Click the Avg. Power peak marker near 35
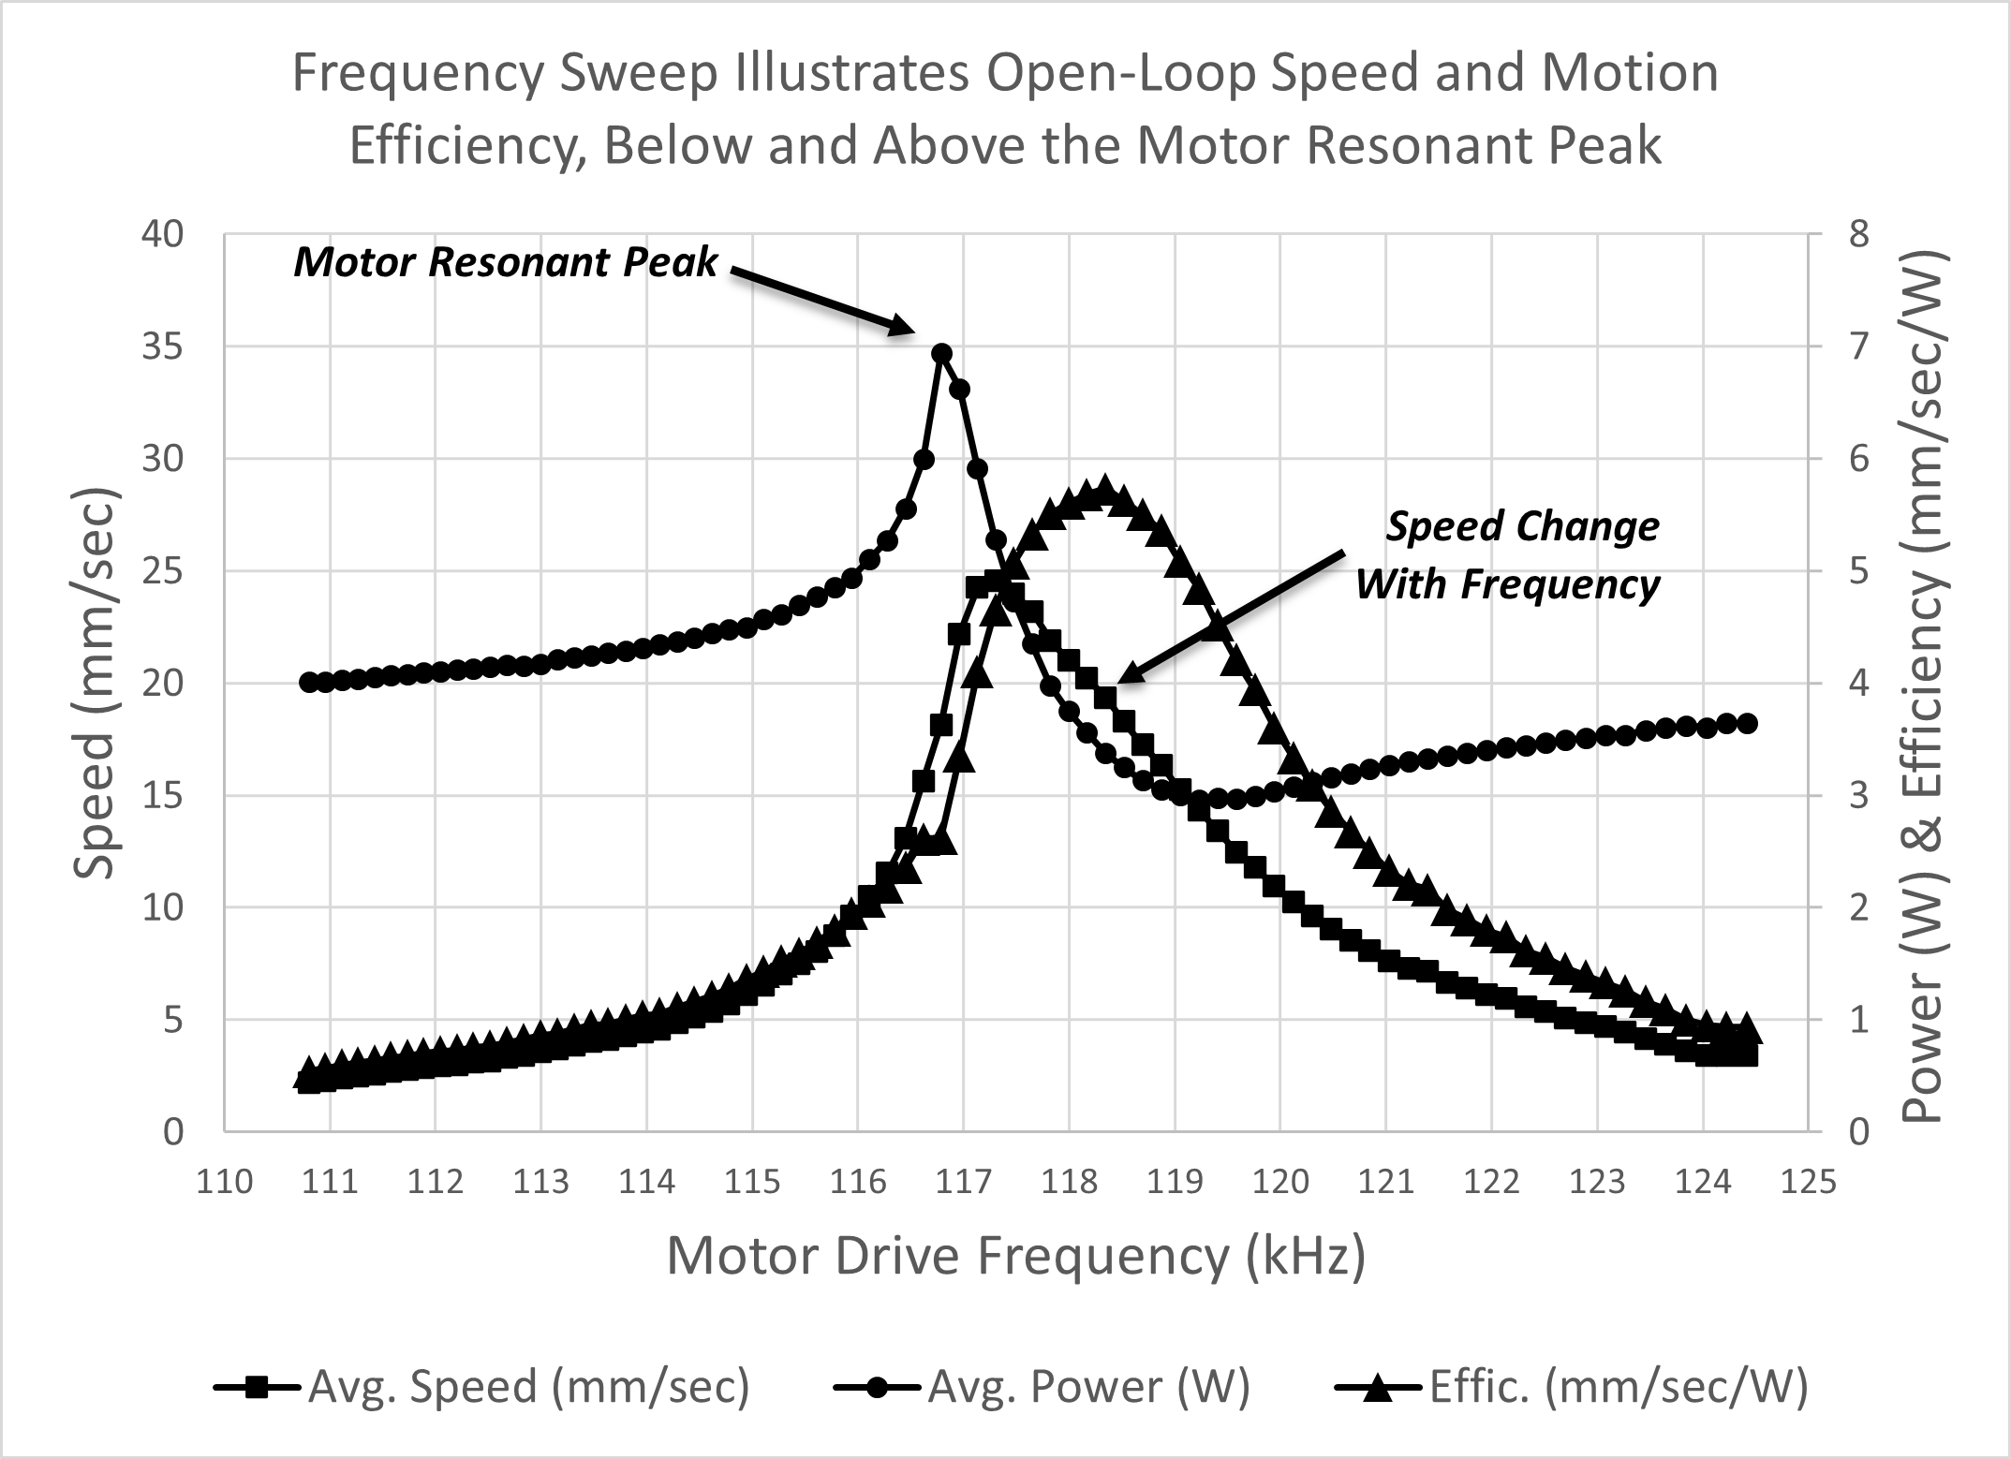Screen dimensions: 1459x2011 (x=942, y=353)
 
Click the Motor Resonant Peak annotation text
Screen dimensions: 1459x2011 (x=506, y=262)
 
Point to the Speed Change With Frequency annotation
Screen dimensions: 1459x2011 (x=1508, y=555)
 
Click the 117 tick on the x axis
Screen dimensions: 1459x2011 (x=963, y=1183)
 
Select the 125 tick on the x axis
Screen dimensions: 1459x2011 (x=1808, y=1183)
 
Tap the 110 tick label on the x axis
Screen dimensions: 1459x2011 (x=225, y=1183)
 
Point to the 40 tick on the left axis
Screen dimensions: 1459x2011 (x=162, y=234)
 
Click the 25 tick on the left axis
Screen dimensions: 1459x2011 (x=162, y=571)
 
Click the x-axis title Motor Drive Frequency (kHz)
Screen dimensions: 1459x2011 (x=1016, y=1256)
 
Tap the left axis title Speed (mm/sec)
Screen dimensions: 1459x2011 (x=94, y=684)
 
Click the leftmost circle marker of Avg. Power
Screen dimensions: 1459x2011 (x=308, y=682)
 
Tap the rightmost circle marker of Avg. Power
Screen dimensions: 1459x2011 (x=1747, y=723)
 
